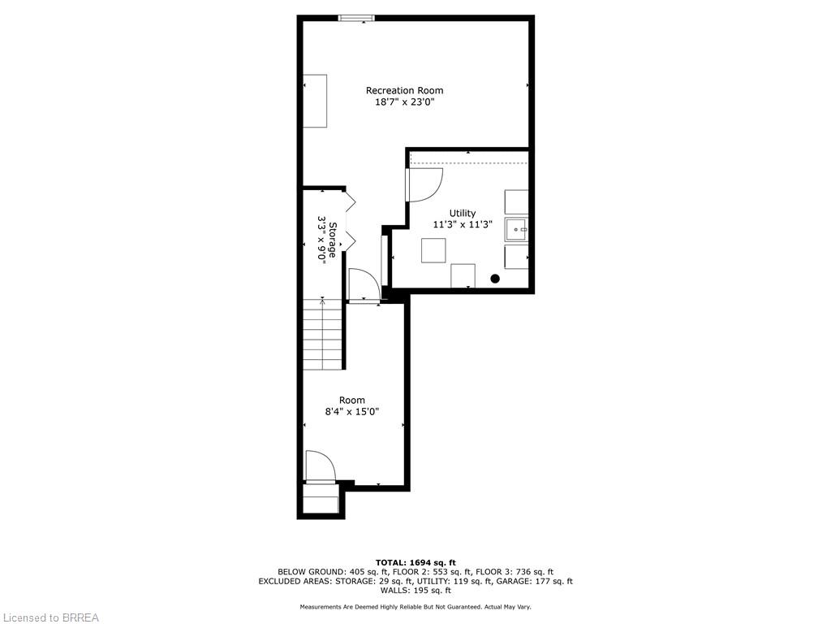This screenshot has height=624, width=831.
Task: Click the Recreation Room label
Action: pyautogui.click(x=404, y=90)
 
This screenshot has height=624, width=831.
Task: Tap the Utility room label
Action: pyautogui.click(x=463, y=213)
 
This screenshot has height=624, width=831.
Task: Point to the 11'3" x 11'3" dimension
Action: pyautogui.click(x=463, y=225)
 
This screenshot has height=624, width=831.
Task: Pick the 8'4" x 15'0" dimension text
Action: pyautogui.click(x=352, y=412)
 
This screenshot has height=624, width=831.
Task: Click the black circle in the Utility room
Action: pyautogui.click(x=495, y=279)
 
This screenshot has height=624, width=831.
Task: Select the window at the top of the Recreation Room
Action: pyautogui.click(x=355, y=18)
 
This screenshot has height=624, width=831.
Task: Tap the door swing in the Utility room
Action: pyautogui.click(x=424, y=184)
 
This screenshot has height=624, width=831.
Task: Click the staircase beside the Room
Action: pyautogui.click(x=323, y=334)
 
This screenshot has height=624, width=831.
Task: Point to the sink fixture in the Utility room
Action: pyautogui.click(x=517, y=230)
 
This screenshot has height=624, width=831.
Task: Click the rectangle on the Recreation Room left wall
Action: pyautogui.click(x=315, y=101)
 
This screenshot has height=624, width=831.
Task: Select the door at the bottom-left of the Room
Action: pyautogui.click(x=320, y=467)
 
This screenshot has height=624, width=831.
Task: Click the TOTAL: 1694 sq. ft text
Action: pyautogui.click(x=415, y=562)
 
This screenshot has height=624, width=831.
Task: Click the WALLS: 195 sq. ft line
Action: pyautogui.click(x=415, y=591)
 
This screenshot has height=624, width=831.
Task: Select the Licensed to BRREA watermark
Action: pyautogui.click(x=50, y=617)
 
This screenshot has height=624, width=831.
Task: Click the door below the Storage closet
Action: pyautogui.click(x=362, y=286)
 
